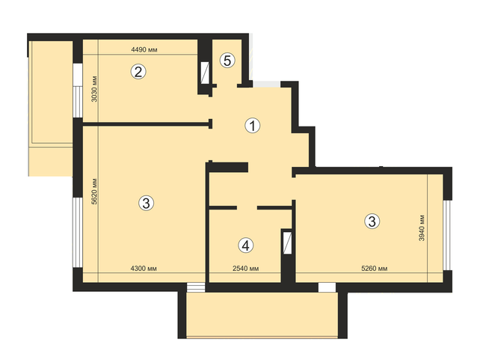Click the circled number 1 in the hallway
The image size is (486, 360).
click(252, 126)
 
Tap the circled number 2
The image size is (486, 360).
click(138, 72)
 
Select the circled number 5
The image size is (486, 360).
click(227, 61)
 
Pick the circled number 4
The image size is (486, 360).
click(246, 245)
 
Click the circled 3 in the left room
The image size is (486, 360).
click(146, 204)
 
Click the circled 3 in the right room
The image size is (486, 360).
click(372, 222)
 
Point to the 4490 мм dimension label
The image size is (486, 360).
click(144, 49)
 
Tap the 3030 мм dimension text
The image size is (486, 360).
click(94, 89)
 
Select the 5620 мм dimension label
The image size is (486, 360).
click(94, 191)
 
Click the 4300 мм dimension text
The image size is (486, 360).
click(144, 269)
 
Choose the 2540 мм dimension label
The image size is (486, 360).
click(245, 269)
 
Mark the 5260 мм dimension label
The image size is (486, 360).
click(375, 269)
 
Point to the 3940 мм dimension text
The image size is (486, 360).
click(422, 228)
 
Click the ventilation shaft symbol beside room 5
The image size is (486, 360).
click(205, 73)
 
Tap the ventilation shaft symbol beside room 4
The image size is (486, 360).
click(288, 242)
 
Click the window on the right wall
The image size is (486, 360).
click(447, 235)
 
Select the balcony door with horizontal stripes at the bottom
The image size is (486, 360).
click(196, 287)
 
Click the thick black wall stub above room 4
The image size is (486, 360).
click(229, 167)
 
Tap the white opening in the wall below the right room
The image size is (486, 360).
click(327, 287)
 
